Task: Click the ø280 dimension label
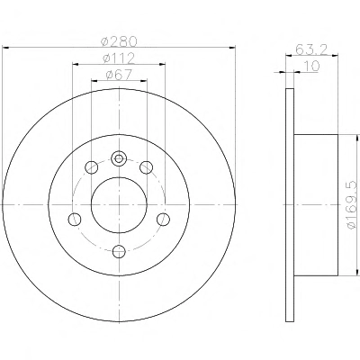(119, 41)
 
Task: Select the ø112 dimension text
(119, 58)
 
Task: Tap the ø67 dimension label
(119, 75)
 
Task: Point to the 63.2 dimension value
(311, 49)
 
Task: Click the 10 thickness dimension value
(312, 66)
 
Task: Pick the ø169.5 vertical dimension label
(353, 205)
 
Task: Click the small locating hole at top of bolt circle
(119, 158)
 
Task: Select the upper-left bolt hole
(92, 167)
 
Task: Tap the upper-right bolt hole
(147, 167)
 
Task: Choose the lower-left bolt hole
(75, 220)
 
